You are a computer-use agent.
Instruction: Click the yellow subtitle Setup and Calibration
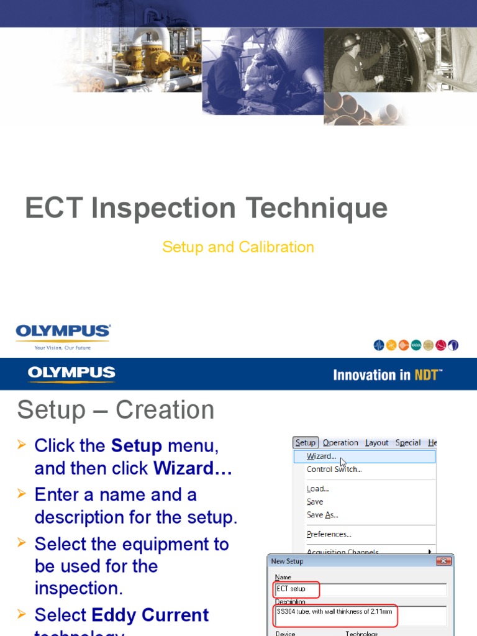point(238,247)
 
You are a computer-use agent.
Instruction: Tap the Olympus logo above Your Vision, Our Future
point(63,332)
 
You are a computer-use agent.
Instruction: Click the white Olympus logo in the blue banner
point(71,374)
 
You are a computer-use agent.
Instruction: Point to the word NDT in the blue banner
point(427,375)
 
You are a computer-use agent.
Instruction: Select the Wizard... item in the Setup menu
point(321,457)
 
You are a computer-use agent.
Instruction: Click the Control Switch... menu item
point(334,470)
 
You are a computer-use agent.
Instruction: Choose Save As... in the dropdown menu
point(322,515)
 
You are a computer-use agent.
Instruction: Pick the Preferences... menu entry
point(329,534)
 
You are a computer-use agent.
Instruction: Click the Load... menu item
point(317,489)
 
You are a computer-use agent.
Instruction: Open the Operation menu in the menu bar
point(340,443)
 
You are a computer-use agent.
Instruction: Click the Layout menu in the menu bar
point(376,443)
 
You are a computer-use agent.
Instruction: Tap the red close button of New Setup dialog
point(443,561)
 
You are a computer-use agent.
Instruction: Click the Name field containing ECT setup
point(360,589)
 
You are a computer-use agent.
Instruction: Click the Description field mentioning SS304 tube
point(360,616)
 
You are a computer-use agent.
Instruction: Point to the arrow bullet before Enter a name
point(22,494)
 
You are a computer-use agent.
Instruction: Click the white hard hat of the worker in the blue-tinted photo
point(232,41)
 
